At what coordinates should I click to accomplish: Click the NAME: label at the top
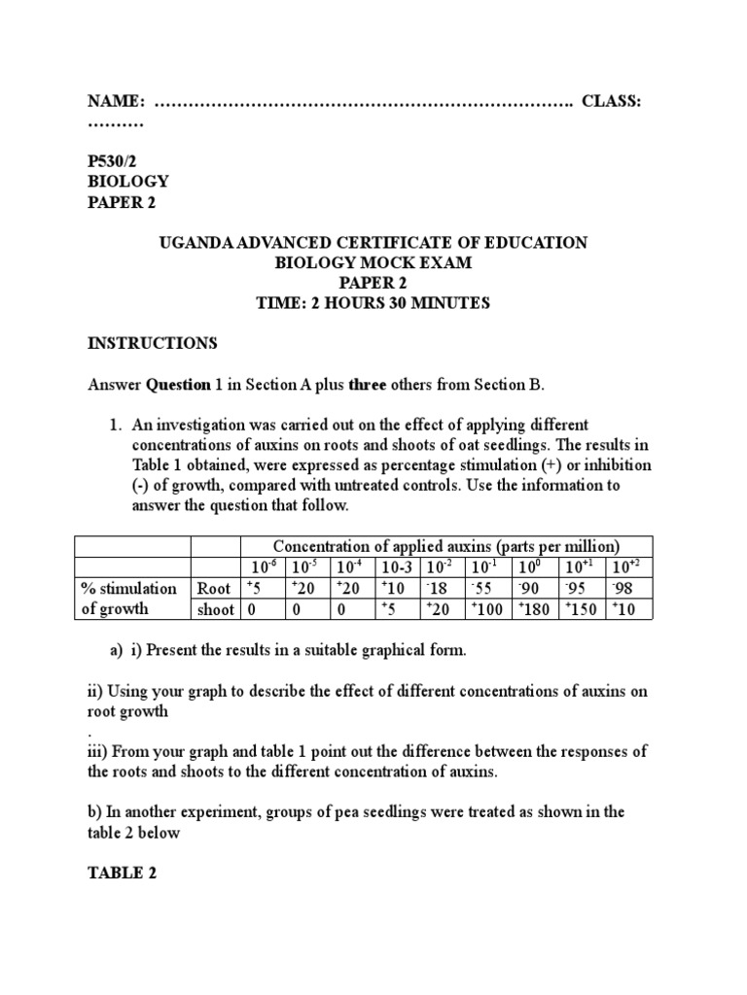pos(117,102)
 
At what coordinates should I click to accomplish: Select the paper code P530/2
pos(115,160)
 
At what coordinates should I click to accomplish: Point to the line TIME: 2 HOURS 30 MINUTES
pos(373,304)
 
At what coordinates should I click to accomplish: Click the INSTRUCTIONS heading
pos(153,344)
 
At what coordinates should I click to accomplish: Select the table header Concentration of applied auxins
pos(446,546)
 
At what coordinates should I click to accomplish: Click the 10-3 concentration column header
pos(395,566)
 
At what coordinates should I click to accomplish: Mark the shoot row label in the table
pos(215,609)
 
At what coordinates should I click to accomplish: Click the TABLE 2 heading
pos(123,873)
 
